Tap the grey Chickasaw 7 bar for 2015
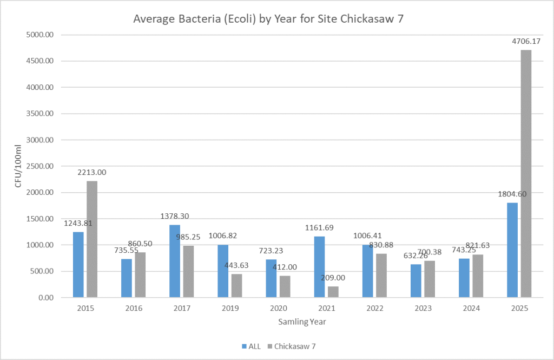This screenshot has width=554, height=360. (x=92, y=239)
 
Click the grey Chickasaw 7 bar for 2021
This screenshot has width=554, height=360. (x=333, y=291)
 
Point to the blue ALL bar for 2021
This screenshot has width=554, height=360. (x=320, y=266)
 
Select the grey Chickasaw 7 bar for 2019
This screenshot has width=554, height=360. (x=236, y=285)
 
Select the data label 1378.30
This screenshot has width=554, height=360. (x=175, y=216)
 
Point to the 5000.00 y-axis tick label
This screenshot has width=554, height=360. (x=43, y=35)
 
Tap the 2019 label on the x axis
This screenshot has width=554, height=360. (x=230, y=308)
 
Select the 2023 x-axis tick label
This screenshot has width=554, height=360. (x=423, y=308)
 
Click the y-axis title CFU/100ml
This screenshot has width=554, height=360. (x=18, y=166)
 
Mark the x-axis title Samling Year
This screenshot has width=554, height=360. (x=302, y=322)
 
